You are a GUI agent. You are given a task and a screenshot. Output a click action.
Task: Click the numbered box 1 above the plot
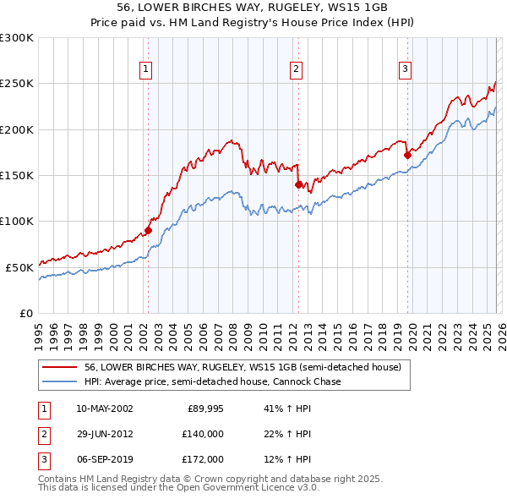tap(147, 70)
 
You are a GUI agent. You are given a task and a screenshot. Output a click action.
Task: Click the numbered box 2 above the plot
tap(297, 70)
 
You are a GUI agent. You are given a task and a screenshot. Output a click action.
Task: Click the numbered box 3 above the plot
tap(406, 70)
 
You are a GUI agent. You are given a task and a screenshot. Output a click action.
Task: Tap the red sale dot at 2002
tap(148, 229)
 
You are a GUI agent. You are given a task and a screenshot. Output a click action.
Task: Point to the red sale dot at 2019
tap(406, 155)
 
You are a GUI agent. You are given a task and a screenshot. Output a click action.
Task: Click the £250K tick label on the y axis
tap(17, 84)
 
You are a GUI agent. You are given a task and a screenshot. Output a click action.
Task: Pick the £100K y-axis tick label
tap(17, 221)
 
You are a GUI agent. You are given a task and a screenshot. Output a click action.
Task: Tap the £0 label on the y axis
tap(25, 312)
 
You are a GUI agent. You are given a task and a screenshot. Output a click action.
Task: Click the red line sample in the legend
tap(60, 367)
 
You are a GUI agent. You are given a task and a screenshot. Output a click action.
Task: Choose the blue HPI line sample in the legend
tap(60, 381)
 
